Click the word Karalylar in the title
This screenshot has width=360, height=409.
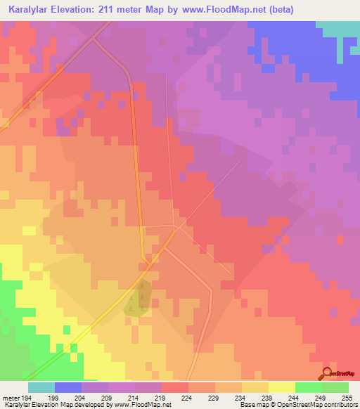pos(28,10)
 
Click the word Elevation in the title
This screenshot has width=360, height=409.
pos(80,10)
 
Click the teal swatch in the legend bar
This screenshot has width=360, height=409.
pos(41,387)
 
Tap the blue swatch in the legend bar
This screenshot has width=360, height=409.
pos(68,387)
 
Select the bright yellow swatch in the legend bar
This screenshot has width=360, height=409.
pos(281,387)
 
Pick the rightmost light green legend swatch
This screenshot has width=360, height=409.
pos(335,387)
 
